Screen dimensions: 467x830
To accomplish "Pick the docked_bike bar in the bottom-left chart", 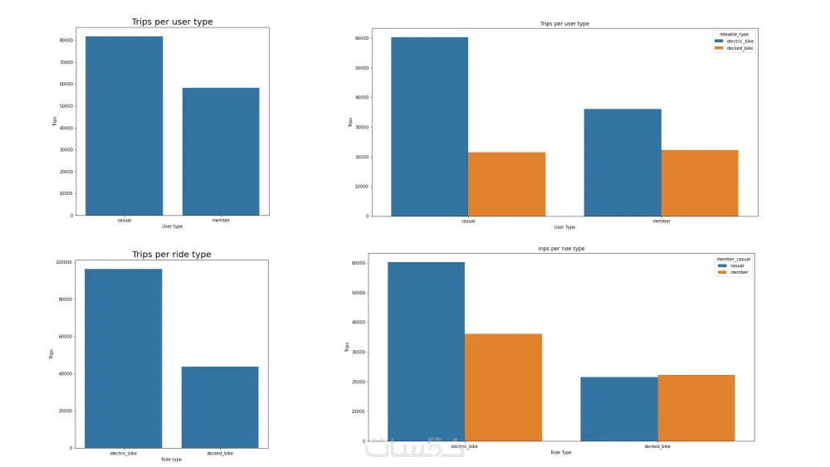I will click(x=220, y=407).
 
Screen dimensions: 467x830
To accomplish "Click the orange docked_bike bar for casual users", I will click(x=506, y=184).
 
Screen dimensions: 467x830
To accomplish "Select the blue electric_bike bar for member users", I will click(x=622, y=163).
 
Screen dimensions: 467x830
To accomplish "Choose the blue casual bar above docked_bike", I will click(x=619, y=409).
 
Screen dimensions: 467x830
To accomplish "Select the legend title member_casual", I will click(x=734, y=259).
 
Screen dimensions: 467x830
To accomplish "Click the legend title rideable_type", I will click(x=735, y=34).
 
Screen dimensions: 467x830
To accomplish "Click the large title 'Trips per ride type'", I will click(x=172, y=255).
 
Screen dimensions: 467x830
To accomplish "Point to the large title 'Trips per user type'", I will click(x=172, y=22).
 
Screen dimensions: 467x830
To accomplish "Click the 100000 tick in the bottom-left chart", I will click(x=62, y=262).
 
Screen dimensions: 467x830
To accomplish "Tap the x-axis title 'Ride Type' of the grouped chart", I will click(x=561, y=452).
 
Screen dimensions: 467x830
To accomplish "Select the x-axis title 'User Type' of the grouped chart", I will click(x=564, y=226).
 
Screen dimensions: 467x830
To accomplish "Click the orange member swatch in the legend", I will click(x=722, y=272).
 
